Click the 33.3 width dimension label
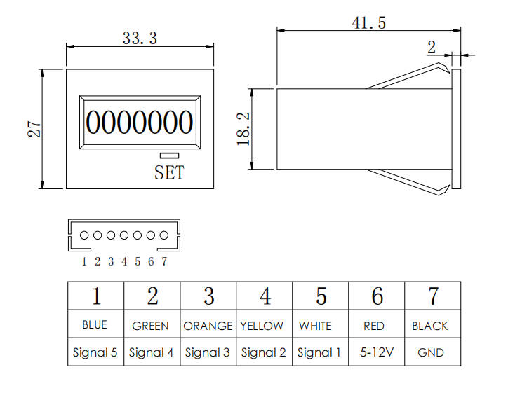click(140, 39)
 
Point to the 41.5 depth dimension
click(369, 23)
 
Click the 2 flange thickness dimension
click(432, 48)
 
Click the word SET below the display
click(169, 172)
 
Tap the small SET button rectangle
click(169, 156)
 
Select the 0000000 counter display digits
click(139, 123)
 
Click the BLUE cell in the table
click(95, 325)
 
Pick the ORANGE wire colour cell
click(208, 326)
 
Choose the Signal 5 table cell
click(95, 352)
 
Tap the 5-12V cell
click(376, 352)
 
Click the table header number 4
click(265, 296)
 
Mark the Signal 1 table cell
click(319, 352)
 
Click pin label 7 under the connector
click(164, 262)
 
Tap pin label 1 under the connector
click(84, 262)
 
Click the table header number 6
click(377, 296)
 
